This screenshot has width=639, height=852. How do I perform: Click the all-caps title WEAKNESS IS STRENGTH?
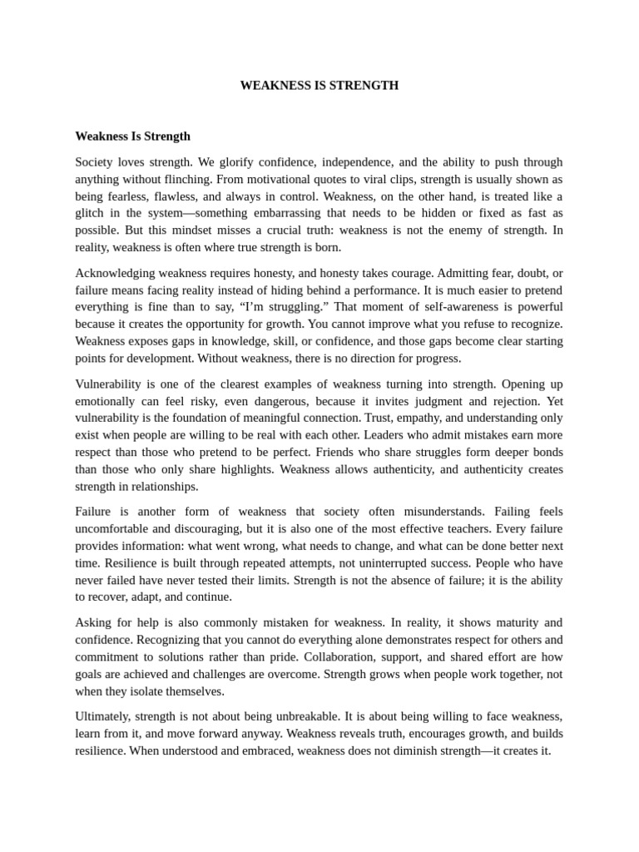(319, 86)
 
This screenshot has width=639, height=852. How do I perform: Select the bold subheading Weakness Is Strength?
(132, 136)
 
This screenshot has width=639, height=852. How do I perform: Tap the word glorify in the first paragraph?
(241, 162)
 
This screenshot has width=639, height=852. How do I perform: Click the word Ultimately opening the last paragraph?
(102, 716)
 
